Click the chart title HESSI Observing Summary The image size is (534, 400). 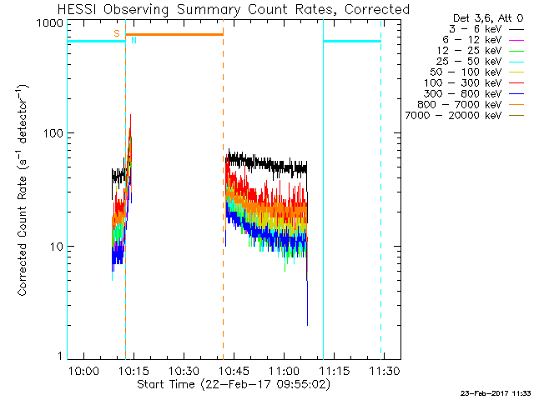point(234,9)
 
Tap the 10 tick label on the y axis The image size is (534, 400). point(55,247)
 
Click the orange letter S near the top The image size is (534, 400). point(117,33)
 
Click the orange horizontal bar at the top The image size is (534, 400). point(174,34)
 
